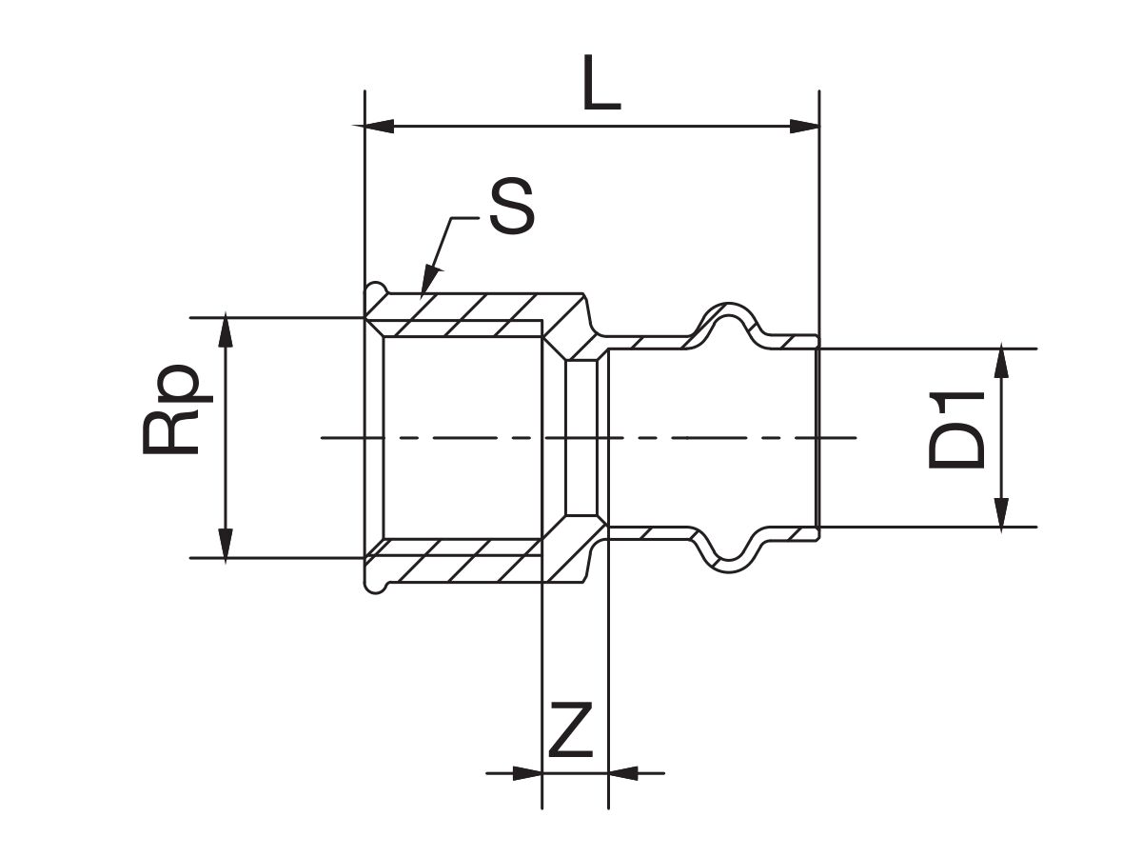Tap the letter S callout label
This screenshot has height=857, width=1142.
click(x=512, y=206)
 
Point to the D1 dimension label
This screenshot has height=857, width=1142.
click(x=956, y=429)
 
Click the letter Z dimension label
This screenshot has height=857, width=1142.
click(x=571, y=729)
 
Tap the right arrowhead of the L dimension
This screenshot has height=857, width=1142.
click(x=804, y=126)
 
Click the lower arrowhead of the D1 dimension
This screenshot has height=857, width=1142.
click(x=1000, y=512)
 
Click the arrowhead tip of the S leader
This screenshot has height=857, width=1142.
click(x=422, y=294)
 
